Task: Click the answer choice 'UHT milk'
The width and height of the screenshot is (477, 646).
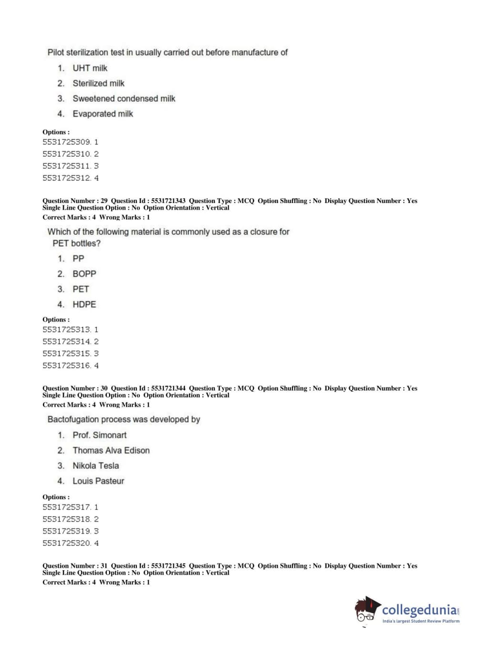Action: click(x=90, y=68)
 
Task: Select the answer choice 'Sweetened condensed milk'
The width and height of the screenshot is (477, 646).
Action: click(x=123, y=99)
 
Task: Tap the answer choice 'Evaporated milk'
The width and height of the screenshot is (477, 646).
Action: click(x=102, y=114)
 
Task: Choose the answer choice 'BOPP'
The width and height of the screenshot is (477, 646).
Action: click(x=84, y=274)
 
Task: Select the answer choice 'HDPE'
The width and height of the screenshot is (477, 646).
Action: click(x=84, y=304)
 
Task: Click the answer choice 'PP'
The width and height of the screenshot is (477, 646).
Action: click(x=78, y=259)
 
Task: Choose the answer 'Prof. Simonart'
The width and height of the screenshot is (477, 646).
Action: click(x=99, y=435)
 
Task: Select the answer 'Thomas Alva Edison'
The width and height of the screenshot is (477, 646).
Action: click(x=111, y=450)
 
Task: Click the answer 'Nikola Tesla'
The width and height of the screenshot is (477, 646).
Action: click(x=95, y=465)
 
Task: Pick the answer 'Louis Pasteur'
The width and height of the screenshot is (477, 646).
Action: click(x=98, y=481)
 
